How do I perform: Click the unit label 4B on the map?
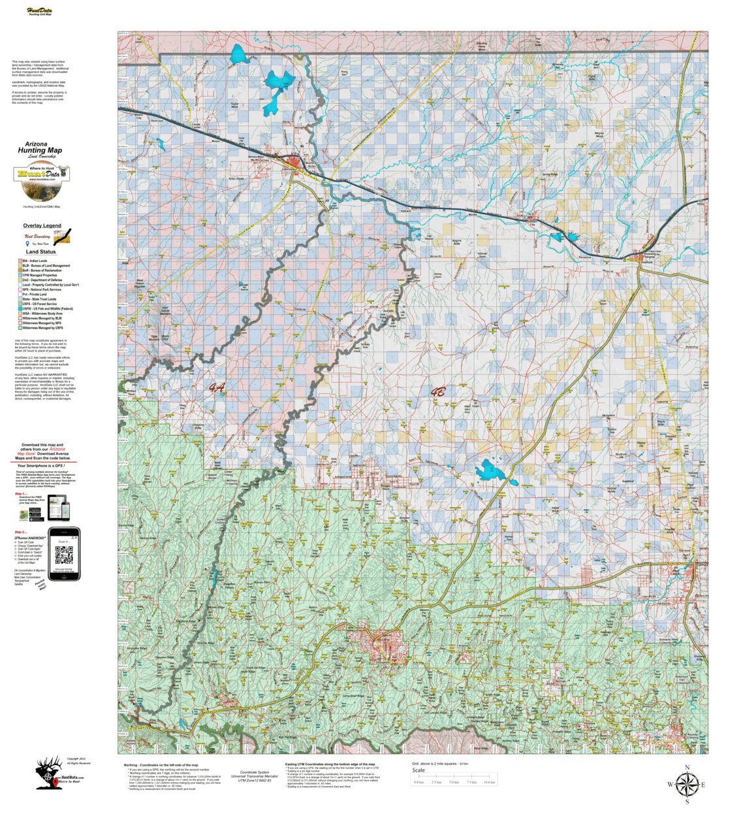point(438,393)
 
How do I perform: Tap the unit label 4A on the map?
point(217,388)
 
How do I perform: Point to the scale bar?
point(454,781)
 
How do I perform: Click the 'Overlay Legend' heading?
point(42,225)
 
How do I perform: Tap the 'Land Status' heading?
point(40,252)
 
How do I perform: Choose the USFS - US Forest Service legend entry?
point(39,304)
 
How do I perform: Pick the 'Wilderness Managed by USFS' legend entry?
point(42,328)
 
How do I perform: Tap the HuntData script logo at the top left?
point(40,10)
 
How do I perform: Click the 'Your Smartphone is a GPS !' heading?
point(42,466)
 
